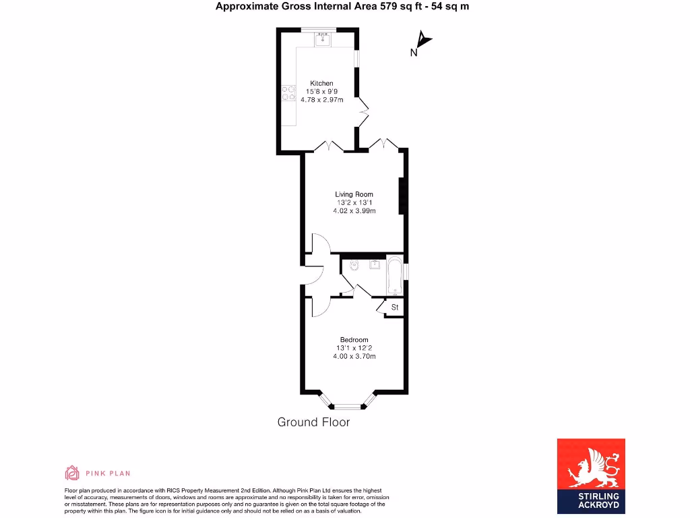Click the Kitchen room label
[321, 83]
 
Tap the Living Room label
[354, 194]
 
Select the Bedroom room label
[354, 339]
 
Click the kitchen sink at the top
[323, 40]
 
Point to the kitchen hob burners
[289, 92]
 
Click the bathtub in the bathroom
[394, 276]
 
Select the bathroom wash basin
[374, 264]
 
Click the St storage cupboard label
[395, 308]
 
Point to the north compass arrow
[422, 42]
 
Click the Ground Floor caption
[313, 422]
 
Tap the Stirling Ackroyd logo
[591, 476]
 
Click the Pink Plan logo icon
[72, 473]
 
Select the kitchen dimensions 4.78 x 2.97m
[321, 100]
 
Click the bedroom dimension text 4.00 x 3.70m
[354, 356]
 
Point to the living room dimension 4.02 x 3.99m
[354, 211]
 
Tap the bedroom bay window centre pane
[348, 407]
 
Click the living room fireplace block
[402, 196]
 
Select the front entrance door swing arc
[315, 277]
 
